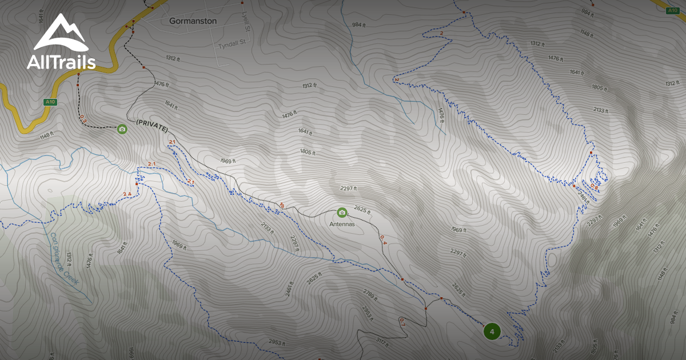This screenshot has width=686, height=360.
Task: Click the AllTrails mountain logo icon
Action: click(x=61, y=33)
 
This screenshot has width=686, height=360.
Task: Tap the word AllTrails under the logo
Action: click(x=61, y=62)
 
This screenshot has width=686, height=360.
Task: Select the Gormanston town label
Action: click(x=193, y=21)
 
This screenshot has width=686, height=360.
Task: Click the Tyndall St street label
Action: click(x=232, y=43)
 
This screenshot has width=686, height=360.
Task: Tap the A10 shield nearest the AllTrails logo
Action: click(x=50, y=102)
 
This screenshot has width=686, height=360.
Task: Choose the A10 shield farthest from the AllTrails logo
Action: click(x=674, y=10)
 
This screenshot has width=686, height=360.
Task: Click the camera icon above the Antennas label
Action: click(x=342, y=213)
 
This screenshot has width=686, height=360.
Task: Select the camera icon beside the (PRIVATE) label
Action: click(x=122, y=129)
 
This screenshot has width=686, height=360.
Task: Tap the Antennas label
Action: click(x=342, y=224)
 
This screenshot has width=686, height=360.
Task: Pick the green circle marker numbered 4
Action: click(x=492, y=331)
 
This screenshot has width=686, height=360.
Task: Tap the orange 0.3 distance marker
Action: click(x=83, y=119)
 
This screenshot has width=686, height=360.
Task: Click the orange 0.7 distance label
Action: click(x=401, y=321)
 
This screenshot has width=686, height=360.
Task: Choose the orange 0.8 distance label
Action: click(x=594, y=187)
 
